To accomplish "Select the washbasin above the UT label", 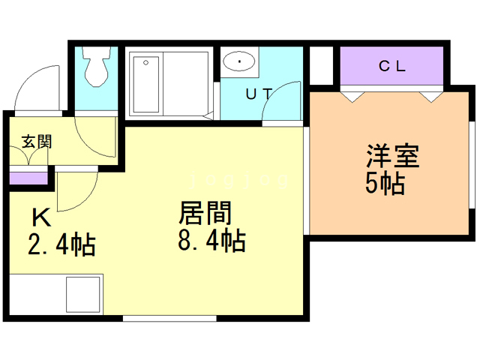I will (x=239, y=61).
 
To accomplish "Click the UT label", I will (x=259, y=94).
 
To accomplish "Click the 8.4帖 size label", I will (x=212, y=241).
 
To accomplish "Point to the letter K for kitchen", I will (x=40, y=217).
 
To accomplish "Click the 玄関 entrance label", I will (x=36, y=141).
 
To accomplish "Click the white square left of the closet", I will (x=320, y=65).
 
